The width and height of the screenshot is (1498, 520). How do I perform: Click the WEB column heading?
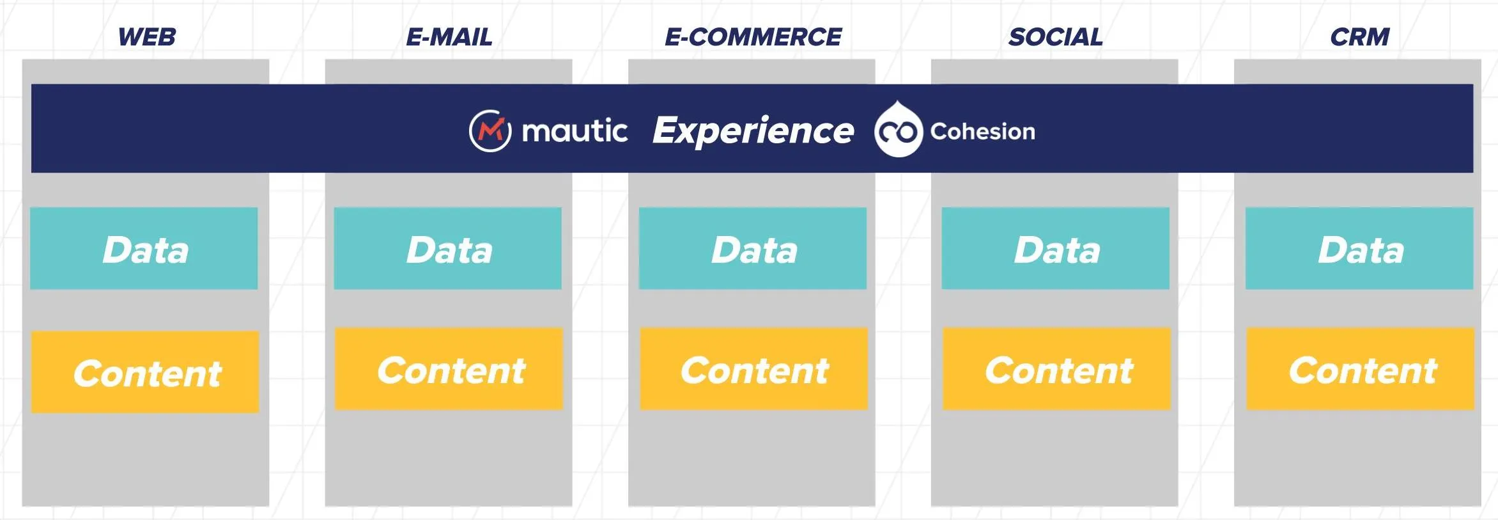(x=147, y=37)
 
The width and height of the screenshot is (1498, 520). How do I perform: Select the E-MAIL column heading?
(x=449, y=37)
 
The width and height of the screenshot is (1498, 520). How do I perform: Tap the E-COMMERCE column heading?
(x=753, y=37)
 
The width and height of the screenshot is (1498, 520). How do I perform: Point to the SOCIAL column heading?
(x=1056, y=37)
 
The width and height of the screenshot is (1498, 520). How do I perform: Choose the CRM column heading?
(x=1360, y=37)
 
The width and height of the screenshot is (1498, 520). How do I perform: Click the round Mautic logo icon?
(x=490, y=131)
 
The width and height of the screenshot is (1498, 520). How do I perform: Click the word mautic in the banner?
(x=575, y=131)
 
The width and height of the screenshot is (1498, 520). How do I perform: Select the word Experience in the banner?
(x=753, y=131)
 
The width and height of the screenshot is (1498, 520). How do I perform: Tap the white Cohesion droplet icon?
(x=898, y=129)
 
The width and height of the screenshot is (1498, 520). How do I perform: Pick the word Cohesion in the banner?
(x=982, y=131)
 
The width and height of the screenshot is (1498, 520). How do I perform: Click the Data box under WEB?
(x=144, y=248)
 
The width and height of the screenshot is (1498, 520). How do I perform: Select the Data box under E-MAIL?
(x=447, y=248)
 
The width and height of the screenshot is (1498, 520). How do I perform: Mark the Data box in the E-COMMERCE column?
(x=753, y=248)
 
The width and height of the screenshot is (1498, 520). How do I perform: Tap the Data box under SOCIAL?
(x=1056, y=248)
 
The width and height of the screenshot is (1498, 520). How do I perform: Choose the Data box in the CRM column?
(x=1359, y=248)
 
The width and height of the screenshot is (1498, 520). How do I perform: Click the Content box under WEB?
(x=145, y=372)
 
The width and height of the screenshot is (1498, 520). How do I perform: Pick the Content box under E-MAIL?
(x=449, y=369)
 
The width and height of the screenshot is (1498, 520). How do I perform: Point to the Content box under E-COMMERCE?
(x=754, y=369)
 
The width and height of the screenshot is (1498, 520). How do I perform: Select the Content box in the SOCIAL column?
(x=1057, y=369)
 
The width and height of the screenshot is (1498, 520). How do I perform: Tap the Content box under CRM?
(x=1361, y=369)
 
